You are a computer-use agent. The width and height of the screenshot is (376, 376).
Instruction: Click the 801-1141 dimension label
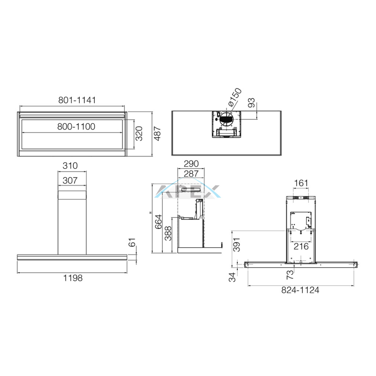(x=77, y=100)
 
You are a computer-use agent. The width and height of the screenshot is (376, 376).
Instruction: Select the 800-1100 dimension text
(x=76, y=126)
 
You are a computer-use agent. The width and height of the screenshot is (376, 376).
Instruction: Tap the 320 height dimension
(x=139, y=133)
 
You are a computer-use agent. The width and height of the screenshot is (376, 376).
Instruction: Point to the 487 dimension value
(x=157, y=133)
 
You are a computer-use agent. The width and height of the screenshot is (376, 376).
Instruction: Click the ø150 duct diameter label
(x=235, y=97)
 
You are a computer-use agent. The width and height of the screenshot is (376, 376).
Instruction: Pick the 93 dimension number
(x=251, y=103)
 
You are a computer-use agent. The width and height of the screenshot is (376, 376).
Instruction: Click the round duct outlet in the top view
(x=227, y=119)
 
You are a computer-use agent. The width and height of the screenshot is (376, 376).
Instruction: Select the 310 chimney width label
(x=70, y=166)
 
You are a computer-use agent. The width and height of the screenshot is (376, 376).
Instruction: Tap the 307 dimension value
(x=70, y=180)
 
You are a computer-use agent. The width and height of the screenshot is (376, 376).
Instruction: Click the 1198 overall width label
(x=73, y=278)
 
